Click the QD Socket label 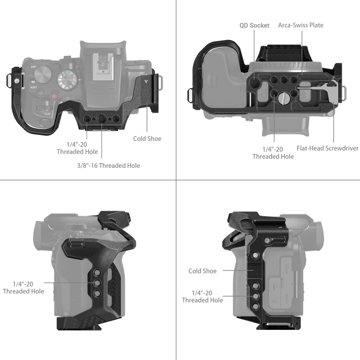pos(254,26)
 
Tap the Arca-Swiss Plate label pos(301,25)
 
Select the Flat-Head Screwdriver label pos(327,148)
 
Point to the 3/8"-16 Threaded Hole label pos(108,166)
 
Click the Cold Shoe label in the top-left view pos(147,139)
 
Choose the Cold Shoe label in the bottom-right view pos(202,271)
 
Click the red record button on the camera pos(54,96)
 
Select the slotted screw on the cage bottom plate pos(282,98)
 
